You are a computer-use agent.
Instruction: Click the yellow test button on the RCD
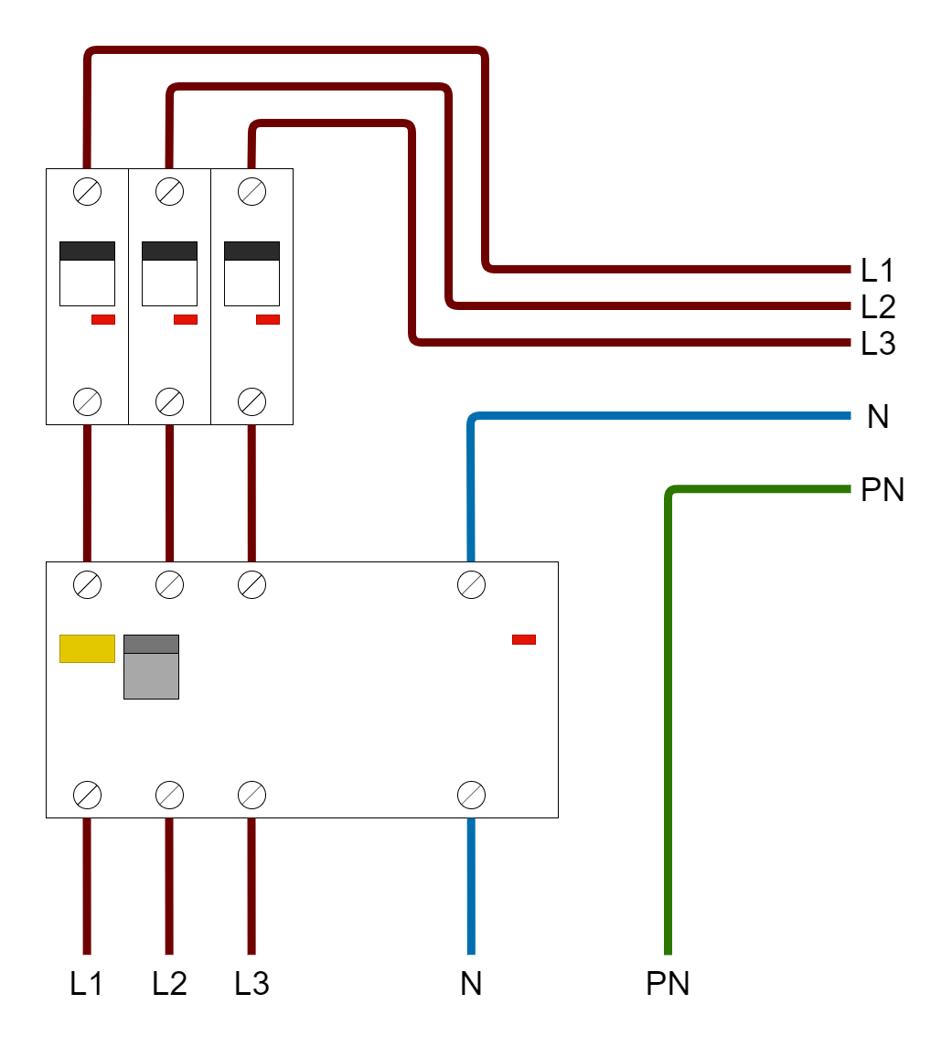87,648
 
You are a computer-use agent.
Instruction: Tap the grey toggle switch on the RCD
151,667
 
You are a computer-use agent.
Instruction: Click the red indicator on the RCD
524,639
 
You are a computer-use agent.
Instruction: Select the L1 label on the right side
877,270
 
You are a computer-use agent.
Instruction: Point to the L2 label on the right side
877,306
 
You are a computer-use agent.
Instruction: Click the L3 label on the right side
877,345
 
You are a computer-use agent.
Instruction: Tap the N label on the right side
877,417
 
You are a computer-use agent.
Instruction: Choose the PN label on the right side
882,491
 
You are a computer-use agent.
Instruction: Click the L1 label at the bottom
87,984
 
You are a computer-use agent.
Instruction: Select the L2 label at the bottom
169,984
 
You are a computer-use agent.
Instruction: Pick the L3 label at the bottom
251,984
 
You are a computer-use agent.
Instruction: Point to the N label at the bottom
471,984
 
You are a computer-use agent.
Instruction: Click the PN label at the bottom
668,984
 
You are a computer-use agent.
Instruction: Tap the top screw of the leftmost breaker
87,192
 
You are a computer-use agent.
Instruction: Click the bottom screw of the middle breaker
169,401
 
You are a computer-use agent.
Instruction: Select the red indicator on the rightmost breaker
267,319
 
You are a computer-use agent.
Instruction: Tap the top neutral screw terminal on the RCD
471,584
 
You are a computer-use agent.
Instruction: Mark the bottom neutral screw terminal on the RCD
471,795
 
